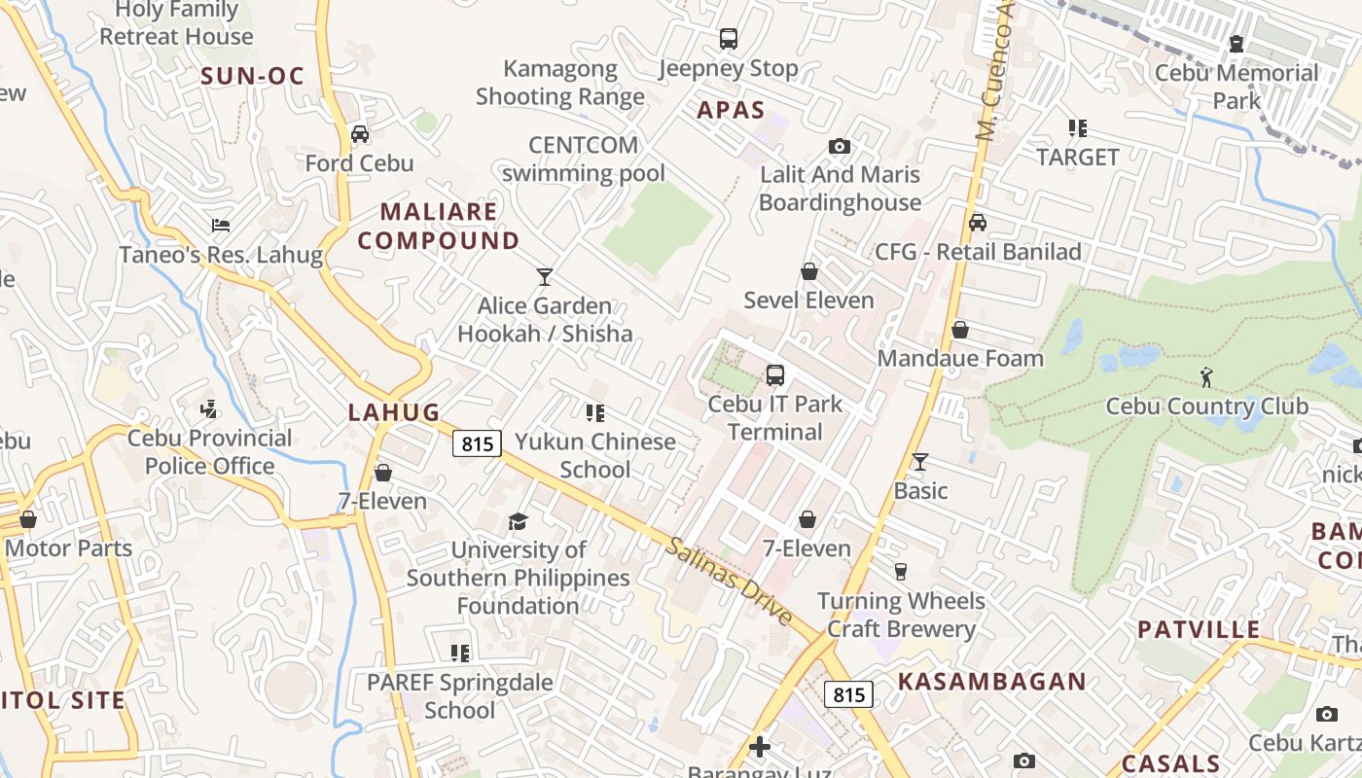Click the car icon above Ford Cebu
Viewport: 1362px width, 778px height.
tap(360, 134)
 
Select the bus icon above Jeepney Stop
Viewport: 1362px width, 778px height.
tap(728, 39)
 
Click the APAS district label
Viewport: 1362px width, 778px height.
tap(731, 110)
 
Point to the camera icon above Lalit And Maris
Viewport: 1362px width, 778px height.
tap(839, 147)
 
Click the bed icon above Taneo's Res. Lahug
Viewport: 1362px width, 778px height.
tap(221, 226)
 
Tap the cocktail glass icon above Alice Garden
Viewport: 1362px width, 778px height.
tap(545, 277)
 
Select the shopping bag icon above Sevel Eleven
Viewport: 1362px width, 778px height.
tap(808, 271)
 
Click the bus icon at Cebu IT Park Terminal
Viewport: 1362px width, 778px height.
tap(775, 374)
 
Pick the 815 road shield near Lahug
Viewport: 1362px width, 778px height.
tap(477, 443)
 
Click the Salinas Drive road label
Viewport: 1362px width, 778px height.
tap(730, 582)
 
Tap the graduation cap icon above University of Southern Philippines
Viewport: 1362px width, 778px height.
tap(518, 522)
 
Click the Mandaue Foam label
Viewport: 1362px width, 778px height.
tap(960, 358)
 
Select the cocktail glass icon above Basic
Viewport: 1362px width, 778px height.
tap(920, 461)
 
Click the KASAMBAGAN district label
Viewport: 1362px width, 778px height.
tap(991, 682)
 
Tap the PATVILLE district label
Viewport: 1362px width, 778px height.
tap(1199, 629)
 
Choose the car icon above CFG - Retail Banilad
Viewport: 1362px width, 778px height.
tap(978, 223)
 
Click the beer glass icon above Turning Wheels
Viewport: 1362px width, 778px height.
tap(901, 572)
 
